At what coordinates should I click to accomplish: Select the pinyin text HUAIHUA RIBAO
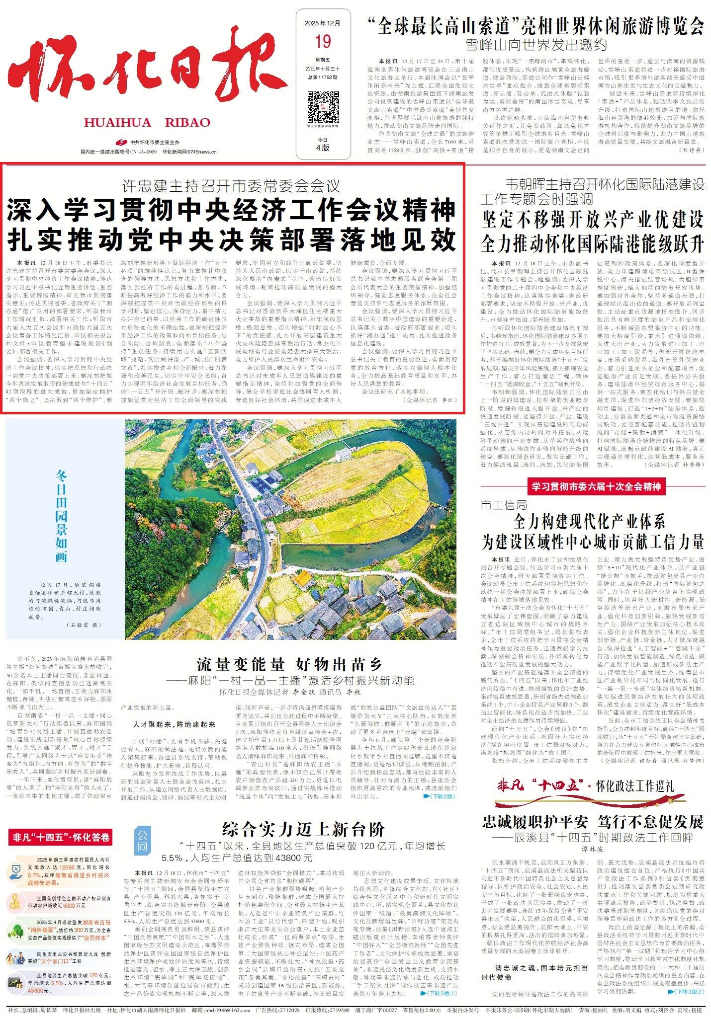pyautogui.click(x=147, y=122)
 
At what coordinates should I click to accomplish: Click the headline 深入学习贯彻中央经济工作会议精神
pyautogui.click(x=231, y=211)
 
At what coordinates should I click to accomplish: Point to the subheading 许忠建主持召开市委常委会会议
pyautogui.click(x=232, y=186)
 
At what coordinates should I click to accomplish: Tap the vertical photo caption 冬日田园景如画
pyautogui.click(x=61, y=517)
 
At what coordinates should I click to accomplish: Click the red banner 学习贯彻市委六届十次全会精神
pyautogui.click(x=596, y=486)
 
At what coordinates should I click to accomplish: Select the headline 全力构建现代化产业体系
pyautogui.click(x=589, y=522)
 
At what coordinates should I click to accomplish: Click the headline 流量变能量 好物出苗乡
pyautogui.click(x=289, y=664)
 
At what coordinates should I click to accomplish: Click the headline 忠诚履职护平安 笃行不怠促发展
pyautogui.click(x=593, y=822)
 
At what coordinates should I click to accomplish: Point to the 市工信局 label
pyautogui.click(x=504, y=505)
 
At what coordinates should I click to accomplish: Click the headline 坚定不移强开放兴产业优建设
pyautogui.click(x=593, y=219)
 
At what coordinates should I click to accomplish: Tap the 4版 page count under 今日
pyautogui.click(x=323, y=147)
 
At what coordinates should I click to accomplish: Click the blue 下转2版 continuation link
pyautogui.click(x=439, y=796)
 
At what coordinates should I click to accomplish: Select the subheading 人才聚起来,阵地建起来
pyautogui.click(x=173, y=724)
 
